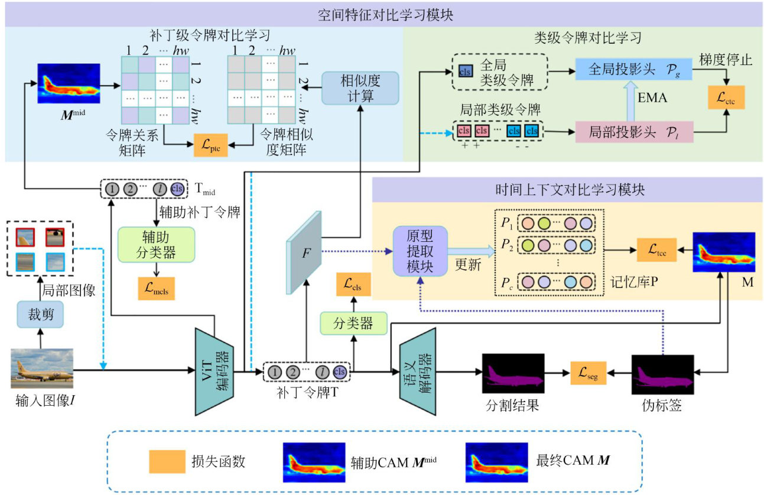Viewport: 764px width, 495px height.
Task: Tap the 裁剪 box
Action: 40,315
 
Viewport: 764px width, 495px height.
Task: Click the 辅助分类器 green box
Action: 155,244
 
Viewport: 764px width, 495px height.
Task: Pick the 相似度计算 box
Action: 360,88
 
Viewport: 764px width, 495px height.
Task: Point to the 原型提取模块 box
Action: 420,251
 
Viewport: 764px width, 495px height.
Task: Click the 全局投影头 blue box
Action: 633,71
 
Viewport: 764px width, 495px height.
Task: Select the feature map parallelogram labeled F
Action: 305,253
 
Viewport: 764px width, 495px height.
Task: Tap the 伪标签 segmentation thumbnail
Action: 662,375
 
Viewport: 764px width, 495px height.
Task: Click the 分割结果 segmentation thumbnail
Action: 512,373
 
